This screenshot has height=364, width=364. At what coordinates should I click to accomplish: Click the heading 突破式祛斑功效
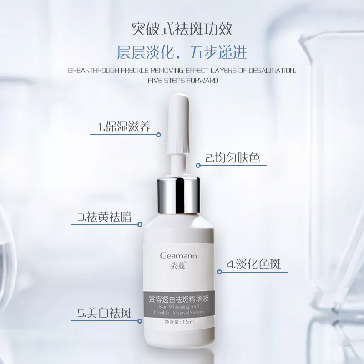coord(182,29)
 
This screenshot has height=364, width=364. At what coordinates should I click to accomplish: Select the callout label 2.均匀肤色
coord(232,158)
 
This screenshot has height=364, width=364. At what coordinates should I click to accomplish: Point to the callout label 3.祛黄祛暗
coord(105,217)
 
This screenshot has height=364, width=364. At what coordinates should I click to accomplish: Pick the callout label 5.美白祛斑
coord(104,313)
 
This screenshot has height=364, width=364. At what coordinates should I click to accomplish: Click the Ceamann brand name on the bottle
coord(178,256)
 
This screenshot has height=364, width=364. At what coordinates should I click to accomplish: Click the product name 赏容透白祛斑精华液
coord(178,299)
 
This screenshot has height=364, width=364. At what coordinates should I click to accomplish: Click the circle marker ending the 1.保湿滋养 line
coord(159,135)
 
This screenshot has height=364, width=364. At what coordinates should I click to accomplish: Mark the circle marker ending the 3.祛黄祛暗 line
coord(140,225)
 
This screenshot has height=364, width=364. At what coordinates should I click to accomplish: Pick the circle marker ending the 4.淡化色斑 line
coord(219,272)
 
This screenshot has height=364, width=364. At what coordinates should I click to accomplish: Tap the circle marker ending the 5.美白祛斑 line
coord(140,321)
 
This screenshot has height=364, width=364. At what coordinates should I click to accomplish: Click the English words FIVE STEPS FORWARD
coord(183,81)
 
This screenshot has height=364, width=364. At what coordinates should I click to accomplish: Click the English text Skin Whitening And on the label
coord(178,307)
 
